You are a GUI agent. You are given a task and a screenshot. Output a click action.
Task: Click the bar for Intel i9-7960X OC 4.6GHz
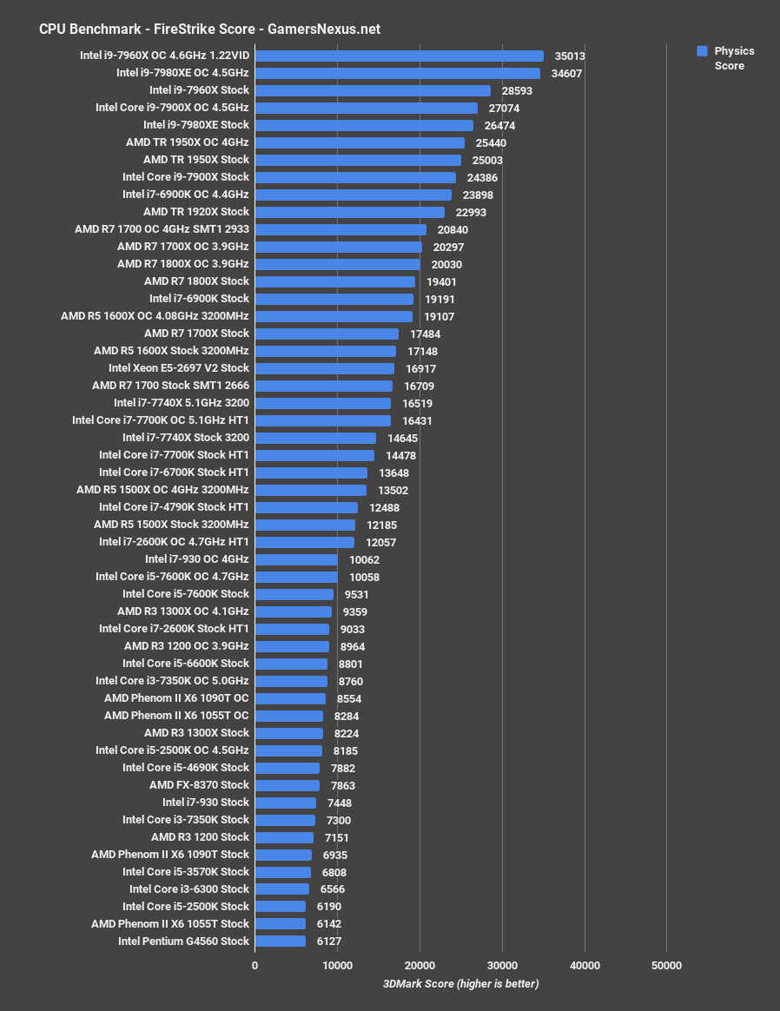[400, 56]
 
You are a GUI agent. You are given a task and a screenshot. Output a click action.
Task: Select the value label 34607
[566, 74]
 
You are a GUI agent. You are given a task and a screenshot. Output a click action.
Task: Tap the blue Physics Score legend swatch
[703, 51]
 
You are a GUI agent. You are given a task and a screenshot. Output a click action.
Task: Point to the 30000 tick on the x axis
[502, 965]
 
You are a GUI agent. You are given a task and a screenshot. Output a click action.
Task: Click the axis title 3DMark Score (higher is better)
[460, 983]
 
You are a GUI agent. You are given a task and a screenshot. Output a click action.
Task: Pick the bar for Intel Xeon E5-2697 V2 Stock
[324, 368]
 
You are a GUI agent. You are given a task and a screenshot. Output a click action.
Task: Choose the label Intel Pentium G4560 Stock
[183, 942]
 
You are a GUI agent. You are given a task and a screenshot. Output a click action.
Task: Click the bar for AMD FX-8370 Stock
[287, 785]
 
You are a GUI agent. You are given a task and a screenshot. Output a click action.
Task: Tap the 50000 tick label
[666, 965]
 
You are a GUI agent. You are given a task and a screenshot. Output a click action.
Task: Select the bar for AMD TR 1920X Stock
[349, 212]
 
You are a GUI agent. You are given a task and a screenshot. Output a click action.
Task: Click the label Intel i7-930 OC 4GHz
[196, 559]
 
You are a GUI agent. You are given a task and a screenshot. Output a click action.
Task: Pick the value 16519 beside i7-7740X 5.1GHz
[417, 404]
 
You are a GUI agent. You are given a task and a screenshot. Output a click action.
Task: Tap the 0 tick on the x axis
[254, 965]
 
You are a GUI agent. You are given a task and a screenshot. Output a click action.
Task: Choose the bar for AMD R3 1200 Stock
[284, 837]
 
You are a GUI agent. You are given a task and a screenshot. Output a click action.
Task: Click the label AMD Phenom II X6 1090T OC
[175, 698]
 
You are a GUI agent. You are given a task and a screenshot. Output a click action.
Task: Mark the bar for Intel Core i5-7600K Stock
[294, 594]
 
